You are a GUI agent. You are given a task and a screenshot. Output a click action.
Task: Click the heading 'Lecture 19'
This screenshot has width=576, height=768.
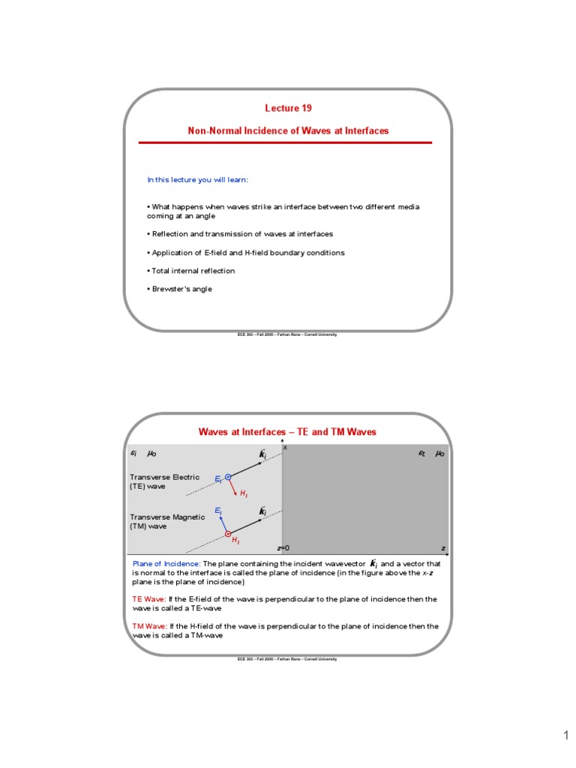[288, 109]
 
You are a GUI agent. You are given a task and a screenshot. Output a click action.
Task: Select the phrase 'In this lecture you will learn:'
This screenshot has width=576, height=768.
[197, 180]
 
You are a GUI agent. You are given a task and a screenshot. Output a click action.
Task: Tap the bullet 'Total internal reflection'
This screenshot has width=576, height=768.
[191, 271]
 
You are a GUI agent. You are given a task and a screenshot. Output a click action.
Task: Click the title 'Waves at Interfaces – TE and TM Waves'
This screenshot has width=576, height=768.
[287, 432]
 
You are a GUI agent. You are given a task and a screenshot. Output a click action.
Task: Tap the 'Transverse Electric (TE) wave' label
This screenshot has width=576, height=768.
[164, 481]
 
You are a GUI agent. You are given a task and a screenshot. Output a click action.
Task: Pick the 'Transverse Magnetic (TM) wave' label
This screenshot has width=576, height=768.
[166, 521]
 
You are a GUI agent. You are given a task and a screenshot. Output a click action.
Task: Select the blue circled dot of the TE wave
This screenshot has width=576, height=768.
[228, 476]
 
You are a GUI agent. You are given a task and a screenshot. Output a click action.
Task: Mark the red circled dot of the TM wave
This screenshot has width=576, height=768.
[228, 534]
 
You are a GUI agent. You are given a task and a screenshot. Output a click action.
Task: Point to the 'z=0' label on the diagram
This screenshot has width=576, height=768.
[283, 548]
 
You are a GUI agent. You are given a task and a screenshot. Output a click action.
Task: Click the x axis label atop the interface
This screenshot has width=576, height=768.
[285, 447]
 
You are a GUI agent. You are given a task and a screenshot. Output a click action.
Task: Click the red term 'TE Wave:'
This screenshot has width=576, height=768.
[149, 599]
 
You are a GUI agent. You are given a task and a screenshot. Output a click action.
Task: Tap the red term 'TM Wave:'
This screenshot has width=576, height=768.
[150, 625]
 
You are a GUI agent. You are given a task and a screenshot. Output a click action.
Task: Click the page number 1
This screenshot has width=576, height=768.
[566, 736]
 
